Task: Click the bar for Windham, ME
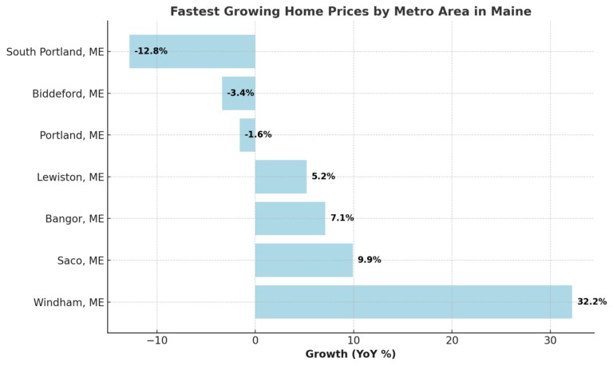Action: [x=413, y=302]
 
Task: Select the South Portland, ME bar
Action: [x=192, y=51]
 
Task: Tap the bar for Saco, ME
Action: [x=303, y=261]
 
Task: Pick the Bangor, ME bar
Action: [x=290, y=218]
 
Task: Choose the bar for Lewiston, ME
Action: [x=280, y=177]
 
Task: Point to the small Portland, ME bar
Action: [x=247, y=135]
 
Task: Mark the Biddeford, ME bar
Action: [x=238, y=93]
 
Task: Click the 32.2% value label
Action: [x=591, y=302]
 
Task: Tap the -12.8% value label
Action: [x=151, y=51]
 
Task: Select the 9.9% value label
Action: [x=369, y=261]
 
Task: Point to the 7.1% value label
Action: [x=342, y=218]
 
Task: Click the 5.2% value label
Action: [x=323, y=177]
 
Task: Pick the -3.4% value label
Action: [x=240, y=93]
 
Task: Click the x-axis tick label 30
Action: [x=550, y=341]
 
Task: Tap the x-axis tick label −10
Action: [x=156, y=341]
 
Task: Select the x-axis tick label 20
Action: [x=452, y=341]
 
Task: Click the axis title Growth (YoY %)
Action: [x=350, y=355]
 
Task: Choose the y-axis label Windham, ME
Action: [x=69, y=302]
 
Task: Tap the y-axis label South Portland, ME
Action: [x=55, y=52]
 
